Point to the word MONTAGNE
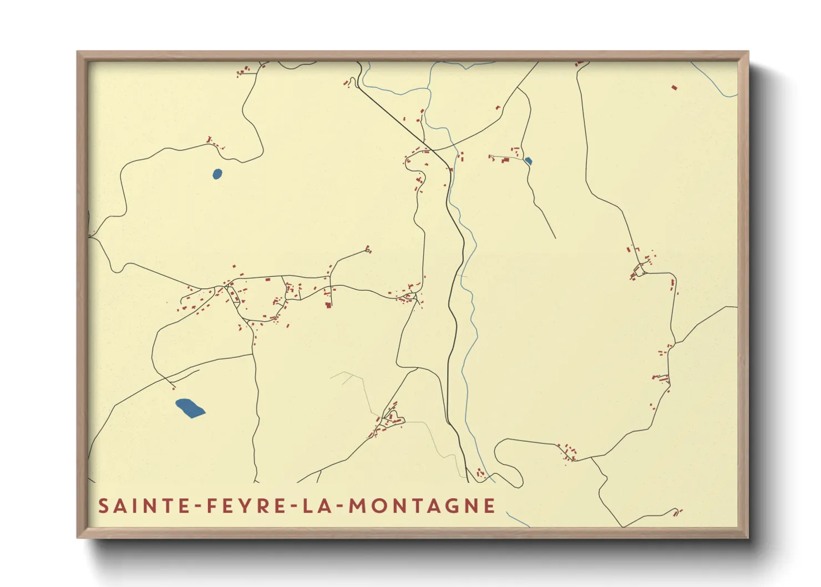(422, 506)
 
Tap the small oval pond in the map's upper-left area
(217, 174)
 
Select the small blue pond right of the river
(528, 161)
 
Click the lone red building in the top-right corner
(675, 88)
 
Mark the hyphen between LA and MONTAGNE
(340, 506)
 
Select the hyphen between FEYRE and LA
(295, 506)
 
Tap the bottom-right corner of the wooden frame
(747, 537)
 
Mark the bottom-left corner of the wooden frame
(78, 537)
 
